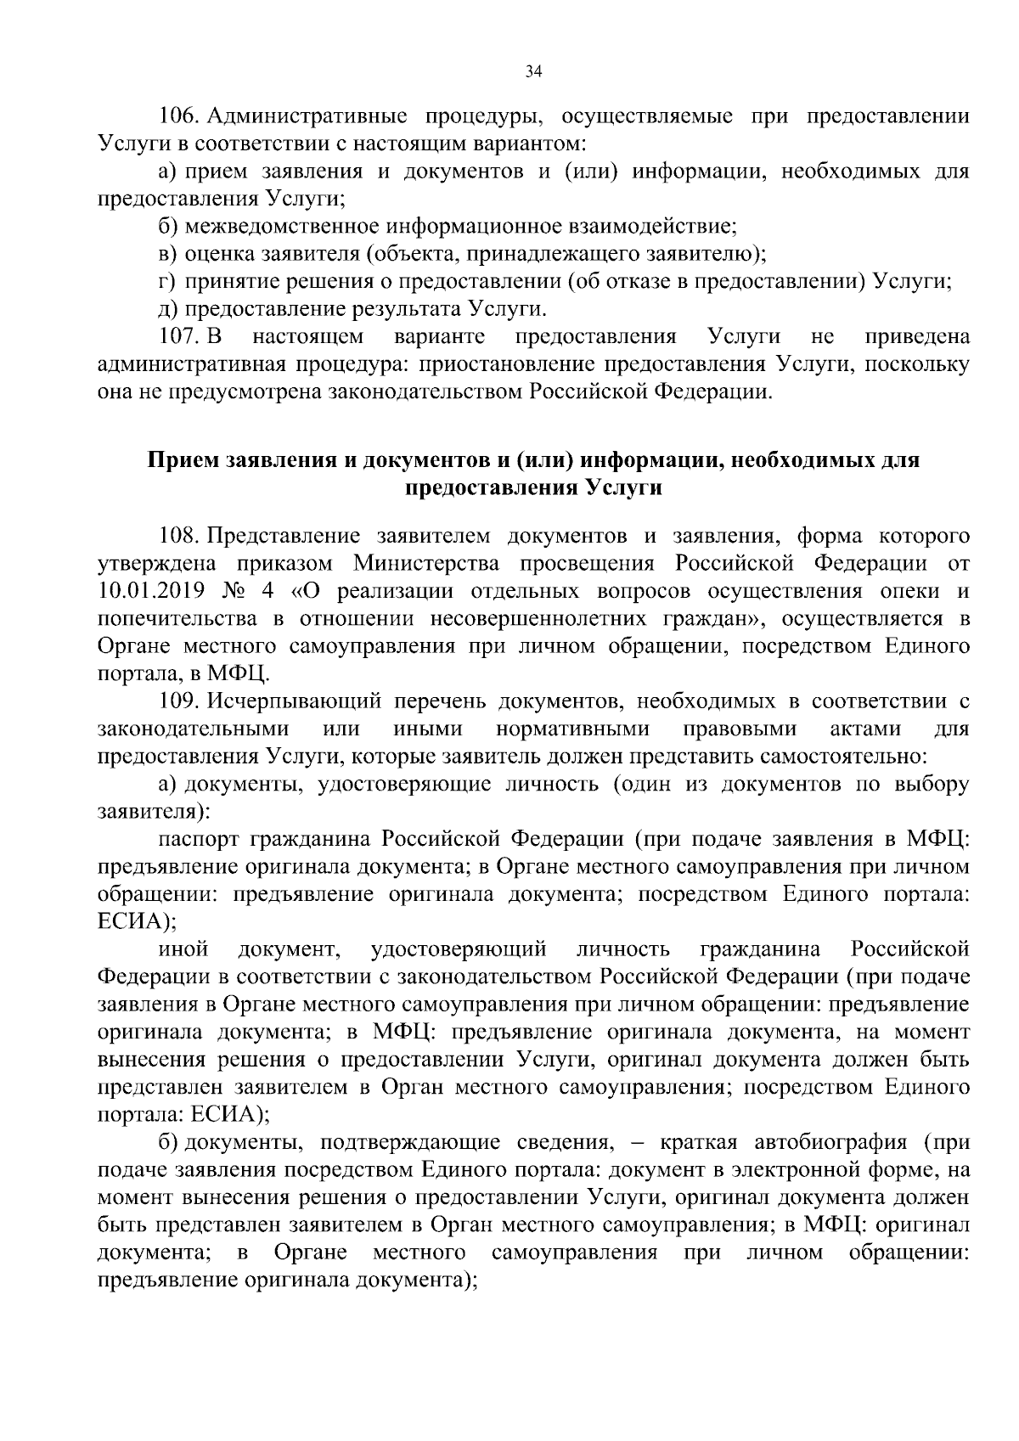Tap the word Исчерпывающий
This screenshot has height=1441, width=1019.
pos(291,701)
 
